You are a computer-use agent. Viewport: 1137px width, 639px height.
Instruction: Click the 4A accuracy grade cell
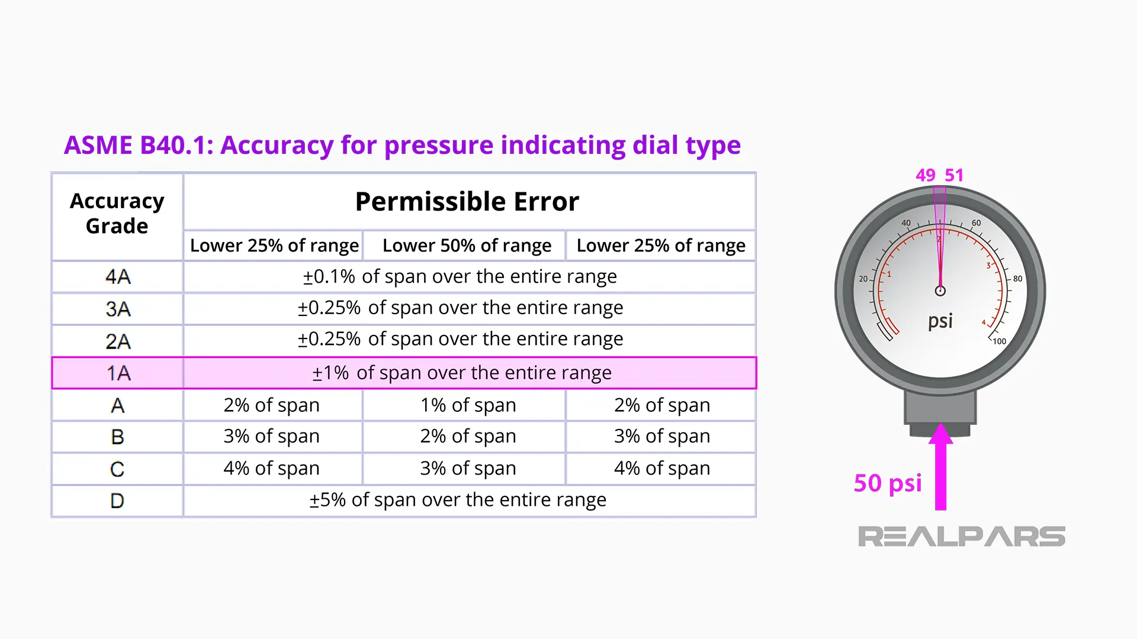point(117,276)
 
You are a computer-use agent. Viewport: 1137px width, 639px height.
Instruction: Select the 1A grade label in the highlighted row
point(118,373)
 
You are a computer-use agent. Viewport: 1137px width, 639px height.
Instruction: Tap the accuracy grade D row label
point(117,501)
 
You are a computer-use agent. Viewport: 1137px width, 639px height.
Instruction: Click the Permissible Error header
point(467,202)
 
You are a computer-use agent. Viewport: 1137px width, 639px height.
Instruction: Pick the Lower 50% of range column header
point(467,246)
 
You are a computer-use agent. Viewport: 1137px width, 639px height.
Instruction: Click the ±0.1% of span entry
point(460,276)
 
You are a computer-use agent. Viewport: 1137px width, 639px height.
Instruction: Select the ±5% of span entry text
point(458,500)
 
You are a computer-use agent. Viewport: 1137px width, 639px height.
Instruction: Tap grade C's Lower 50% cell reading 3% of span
point(468,468)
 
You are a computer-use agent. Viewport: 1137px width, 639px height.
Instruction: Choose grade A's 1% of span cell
point(468,405)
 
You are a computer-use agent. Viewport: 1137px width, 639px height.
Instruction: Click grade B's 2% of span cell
point(468,436)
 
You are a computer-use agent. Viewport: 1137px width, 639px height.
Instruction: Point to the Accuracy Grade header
point(117,214)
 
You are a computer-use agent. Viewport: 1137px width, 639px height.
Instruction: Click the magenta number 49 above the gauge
point(925,175)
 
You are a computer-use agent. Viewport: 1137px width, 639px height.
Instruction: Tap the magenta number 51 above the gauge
point(954,175)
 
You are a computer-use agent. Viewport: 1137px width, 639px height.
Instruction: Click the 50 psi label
point(887,483)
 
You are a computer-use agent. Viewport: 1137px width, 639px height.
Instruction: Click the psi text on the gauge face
point(940,321)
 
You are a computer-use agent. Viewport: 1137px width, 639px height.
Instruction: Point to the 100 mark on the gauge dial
point(1000,341)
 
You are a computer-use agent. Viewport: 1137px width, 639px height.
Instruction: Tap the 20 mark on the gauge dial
point(863,279)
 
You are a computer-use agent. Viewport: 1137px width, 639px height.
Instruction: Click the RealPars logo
point(961,537)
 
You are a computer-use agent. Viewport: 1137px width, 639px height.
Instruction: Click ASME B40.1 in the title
point(138,145)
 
